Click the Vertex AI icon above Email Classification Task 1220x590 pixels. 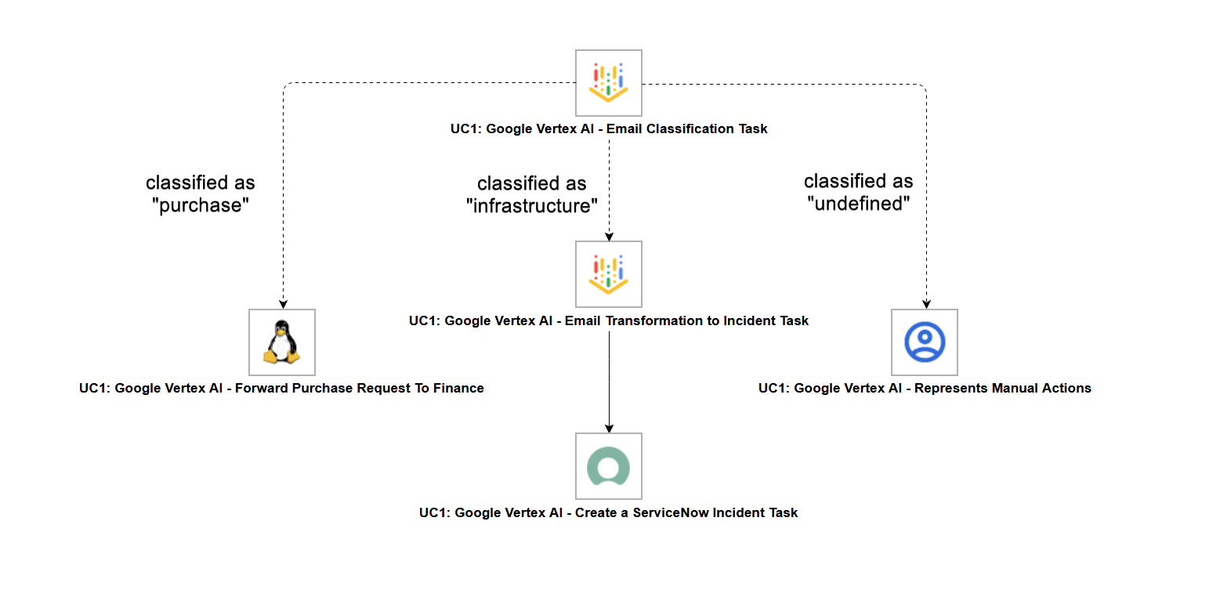point(609,83)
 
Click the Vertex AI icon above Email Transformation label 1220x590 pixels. point(609,274)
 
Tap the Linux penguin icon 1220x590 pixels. point(282,342)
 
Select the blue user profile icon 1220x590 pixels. point(925,342)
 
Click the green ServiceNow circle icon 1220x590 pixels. point(609,466)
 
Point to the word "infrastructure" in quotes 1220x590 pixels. point(532,207)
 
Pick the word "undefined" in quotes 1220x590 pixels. point(858,204)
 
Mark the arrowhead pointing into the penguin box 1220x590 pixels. point(283,303)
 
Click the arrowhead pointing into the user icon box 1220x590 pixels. point(926,303)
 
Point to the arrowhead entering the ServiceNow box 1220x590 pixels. point(609,427)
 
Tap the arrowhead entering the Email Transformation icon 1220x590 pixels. point(609,236)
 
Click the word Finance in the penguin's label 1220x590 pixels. point(458,388)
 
